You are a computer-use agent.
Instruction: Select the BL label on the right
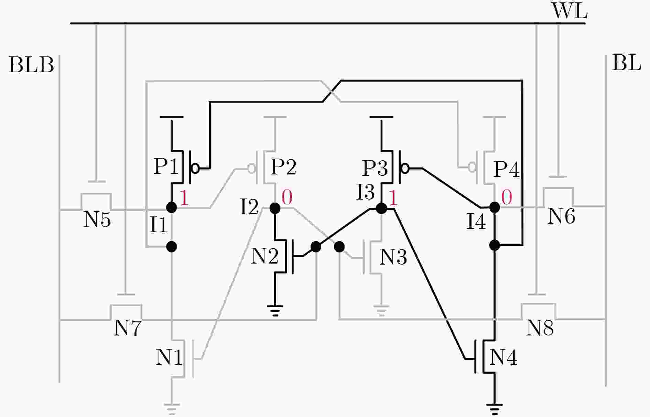[x=626, y=63]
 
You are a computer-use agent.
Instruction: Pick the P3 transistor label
[x=375, y=168]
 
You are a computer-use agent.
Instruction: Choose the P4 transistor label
[x=507, y=169]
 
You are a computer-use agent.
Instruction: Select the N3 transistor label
[x=393, y=257]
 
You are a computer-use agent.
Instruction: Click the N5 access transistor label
[x=97, y=219]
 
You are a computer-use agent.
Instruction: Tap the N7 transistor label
[x=127, y=328]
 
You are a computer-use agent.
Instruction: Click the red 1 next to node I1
[x=184, y=198]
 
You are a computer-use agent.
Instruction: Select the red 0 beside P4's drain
[x=507, y=197]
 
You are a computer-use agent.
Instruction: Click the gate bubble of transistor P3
[x=405, y=169]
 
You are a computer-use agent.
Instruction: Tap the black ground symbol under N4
[x=495, y=408]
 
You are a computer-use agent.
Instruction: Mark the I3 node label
[x=365, y=192]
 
